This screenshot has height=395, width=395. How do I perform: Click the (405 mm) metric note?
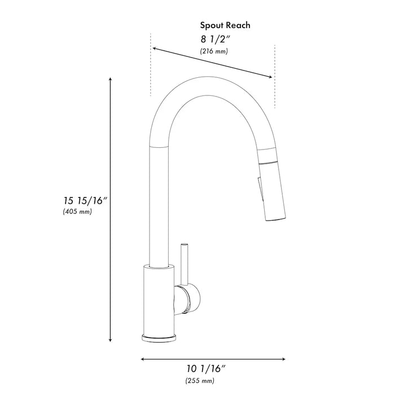tap(77, 212)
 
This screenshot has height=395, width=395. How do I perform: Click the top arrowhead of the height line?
tap(109, 80)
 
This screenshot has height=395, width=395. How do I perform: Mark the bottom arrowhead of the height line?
tap(109, 340)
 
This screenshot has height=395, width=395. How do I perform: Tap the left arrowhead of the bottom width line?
tap(143, 359)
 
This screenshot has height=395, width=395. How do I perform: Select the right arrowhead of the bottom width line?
tap(284, 359)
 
